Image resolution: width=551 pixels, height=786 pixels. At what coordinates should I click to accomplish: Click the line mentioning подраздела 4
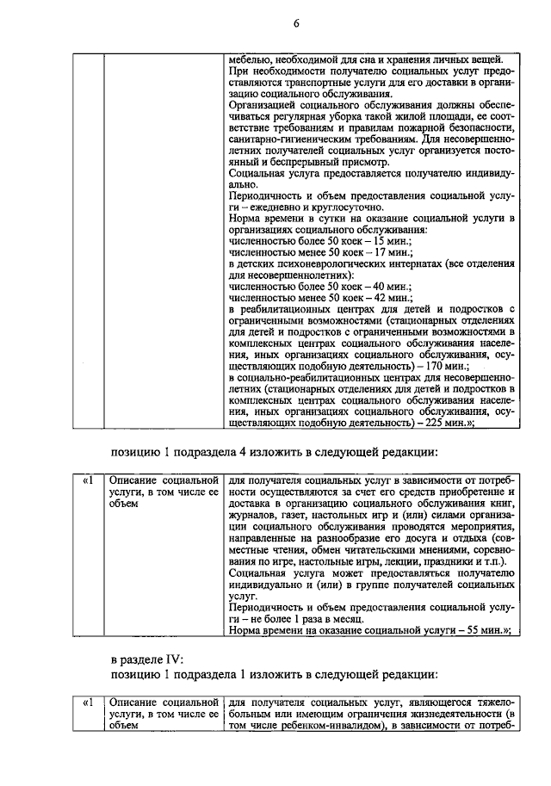275,453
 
